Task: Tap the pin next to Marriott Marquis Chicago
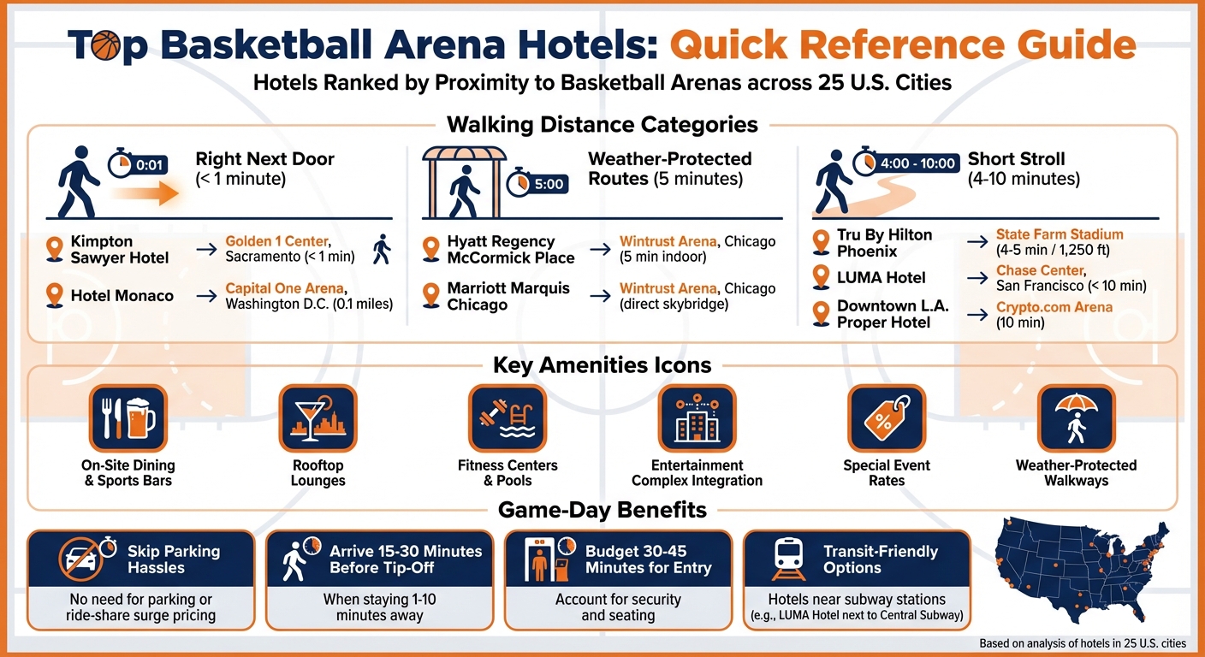(x=431, y=295)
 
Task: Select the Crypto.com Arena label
(x=1054, y=307)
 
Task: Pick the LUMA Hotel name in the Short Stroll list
(x=881, y=277)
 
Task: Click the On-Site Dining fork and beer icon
(x=129, y=418)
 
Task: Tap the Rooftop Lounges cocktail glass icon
(x=318, y=418)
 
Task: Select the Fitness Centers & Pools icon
(x=507, y=418)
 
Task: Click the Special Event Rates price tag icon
(x=886, y=418)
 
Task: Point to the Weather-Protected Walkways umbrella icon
(x=1076, y=418)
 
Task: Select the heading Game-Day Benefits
(x=602, y=511)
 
